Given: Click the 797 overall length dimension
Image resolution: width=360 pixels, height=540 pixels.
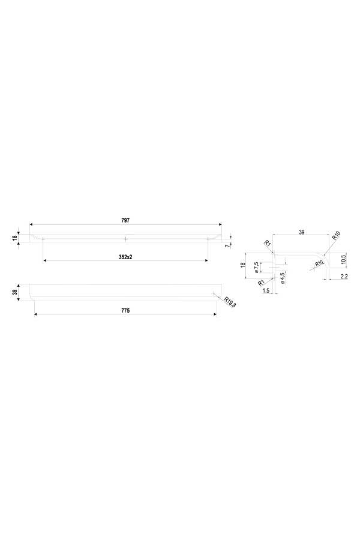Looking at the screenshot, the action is [125, 220].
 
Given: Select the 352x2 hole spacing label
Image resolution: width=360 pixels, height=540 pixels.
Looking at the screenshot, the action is [125, 257].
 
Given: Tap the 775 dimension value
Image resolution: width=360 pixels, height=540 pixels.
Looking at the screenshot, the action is [125, 311].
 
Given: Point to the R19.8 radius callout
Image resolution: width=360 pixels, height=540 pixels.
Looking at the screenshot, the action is [230, 302].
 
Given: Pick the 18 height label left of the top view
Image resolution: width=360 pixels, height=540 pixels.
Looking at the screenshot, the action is [14, 238].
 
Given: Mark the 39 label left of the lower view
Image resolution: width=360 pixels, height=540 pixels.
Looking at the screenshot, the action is [14, 292].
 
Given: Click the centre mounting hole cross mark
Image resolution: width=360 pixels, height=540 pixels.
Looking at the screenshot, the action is [126, 239].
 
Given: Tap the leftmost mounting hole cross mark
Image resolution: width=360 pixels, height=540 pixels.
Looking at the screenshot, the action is [43, 239].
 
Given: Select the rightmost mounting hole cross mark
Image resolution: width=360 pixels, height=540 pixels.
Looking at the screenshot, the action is [208, 239].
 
